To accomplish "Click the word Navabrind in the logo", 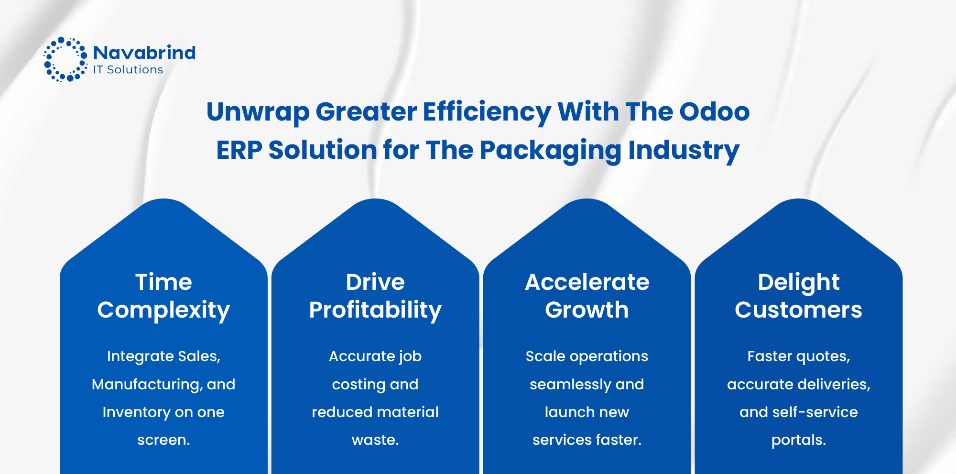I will [144, 53].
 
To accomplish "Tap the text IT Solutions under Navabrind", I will [128, 70].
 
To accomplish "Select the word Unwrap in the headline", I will [258, 112].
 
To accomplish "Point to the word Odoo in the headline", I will [714, 111].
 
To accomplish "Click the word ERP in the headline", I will [239, 150].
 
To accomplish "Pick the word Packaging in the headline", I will [550, 151].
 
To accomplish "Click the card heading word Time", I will [163, 282].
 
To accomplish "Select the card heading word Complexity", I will [163, 310].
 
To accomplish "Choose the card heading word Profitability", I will [375, 310].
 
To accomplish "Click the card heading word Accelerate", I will [587, 282].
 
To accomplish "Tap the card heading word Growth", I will [587, 310].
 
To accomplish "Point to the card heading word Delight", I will [798, 282].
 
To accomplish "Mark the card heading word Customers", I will [798, 310].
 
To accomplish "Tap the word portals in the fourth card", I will [797, 440].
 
